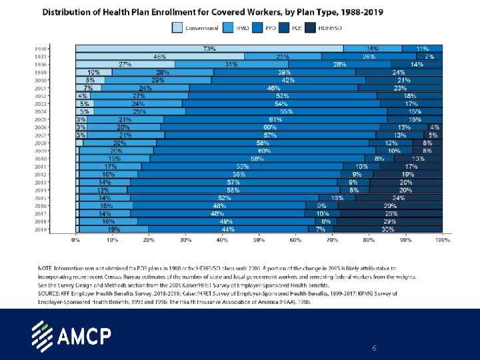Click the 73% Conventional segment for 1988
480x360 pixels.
(209, 49)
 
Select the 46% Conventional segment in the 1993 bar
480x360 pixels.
(160, 57)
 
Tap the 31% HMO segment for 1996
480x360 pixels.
(231, 65)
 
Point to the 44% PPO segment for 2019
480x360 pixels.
(228, 229)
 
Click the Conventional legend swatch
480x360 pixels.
(177, 28)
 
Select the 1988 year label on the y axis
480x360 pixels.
(59, 49)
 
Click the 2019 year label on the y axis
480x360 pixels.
(59, 229)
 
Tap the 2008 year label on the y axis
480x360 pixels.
(59, 143)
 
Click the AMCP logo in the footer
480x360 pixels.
(72, 335)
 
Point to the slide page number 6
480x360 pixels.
(374, 349)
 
